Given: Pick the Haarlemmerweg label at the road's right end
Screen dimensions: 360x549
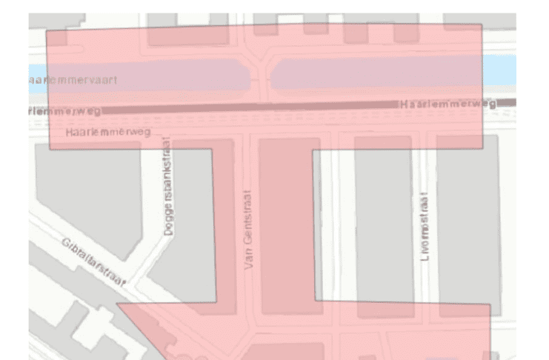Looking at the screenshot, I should point(447,104).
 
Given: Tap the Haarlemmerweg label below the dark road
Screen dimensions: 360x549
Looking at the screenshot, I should point(108,132).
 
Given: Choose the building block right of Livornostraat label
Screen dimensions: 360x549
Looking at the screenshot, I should point(467,222).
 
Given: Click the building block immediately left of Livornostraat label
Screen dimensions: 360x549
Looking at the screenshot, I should point(381,222).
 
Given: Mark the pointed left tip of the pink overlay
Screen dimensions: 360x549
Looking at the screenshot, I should point(118,303).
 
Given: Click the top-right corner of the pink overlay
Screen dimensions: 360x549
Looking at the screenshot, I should point(482,24).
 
